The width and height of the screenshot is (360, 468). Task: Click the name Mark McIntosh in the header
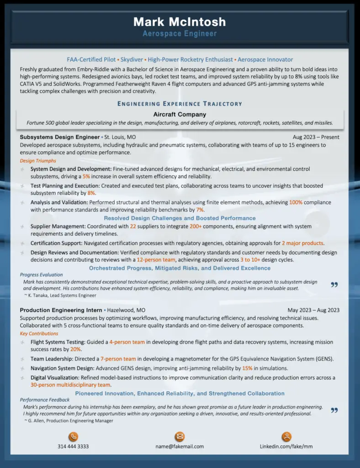(180, 21)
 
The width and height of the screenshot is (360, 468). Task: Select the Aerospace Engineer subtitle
(180, 33)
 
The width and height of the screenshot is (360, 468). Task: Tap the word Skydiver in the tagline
(131, 59)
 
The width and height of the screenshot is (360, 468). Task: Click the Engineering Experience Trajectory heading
(180, 104)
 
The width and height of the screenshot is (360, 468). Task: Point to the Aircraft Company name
(180, 114)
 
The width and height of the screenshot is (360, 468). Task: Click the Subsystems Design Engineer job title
(60, 137)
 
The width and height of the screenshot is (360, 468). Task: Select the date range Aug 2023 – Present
(316, 137)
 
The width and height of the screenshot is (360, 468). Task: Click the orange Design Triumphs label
(38, 161)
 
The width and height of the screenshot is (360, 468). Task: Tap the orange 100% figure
(296, 202)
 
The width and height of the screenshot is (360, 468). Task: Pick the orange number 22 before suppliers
(133, 226)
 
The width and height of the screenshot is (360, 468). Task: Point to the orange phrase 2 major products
(302, 243)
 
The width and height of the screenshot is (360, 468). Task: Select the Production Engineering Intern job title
(61, 310)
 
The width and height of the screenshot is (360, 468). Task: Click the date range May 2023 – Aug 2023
(313, 310)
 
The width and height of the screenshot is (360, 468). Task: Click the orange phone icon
(73, 436)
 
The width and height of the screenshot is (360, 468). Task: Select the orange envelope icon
(180, 436)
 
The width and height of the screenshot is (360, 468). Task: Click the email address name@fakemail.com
(180, 447)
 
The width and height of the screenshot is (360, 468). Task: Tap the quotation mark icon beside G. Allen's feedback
(334, 410)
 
